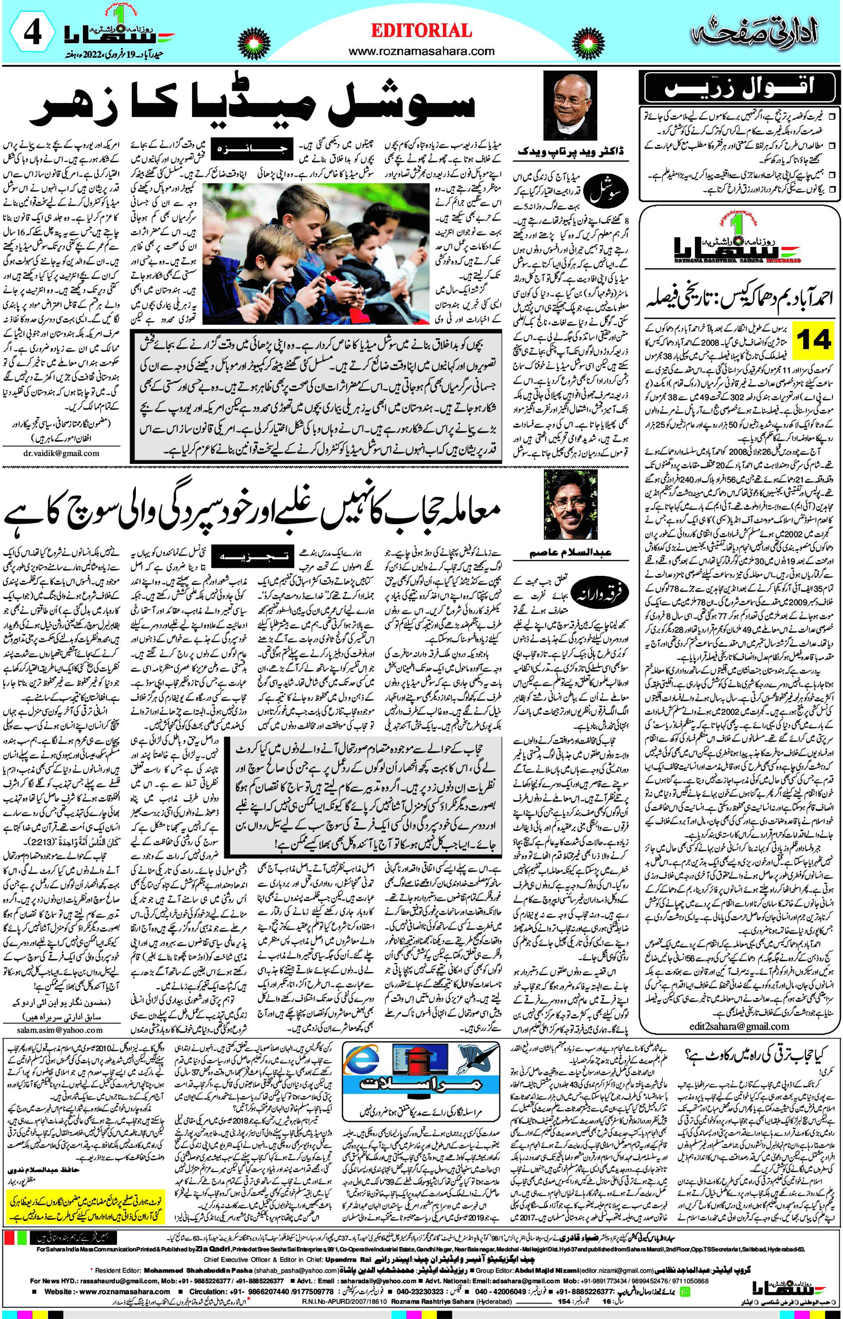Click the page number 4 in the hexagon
pyautogui.click(x=32, y=32)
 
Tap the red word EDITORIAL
pyautogui.click(x=421, y=31)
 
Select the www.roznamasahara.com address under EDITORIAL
pyautogui.click(x=421, y=52)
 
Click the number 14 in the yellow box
pyautogui.click(x=814, y=340)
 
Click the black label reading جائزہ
pyautogui.click(x=252, y=148)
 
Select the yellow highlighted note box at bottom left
pyautogui.click(x=85, y=1206)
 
